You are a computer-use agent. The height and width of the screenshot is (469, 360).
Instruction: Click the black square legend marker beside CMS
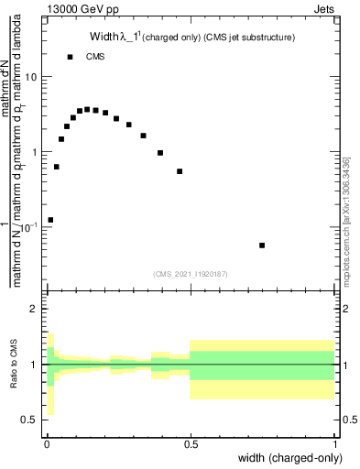coord(71,57)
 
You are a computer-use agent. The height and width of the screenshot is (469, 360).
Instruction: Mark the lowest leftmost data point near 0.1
coord(50,220)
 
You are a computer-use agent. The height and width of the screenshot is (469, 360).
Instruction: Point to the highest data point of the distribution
coord(87,109)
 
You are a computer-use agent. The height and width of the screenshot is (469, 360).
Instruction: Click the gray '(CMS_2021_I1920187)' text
coord(189,272)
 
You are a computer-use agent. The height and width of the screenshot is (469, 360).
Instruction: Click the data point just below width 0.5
coord(180,171)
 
